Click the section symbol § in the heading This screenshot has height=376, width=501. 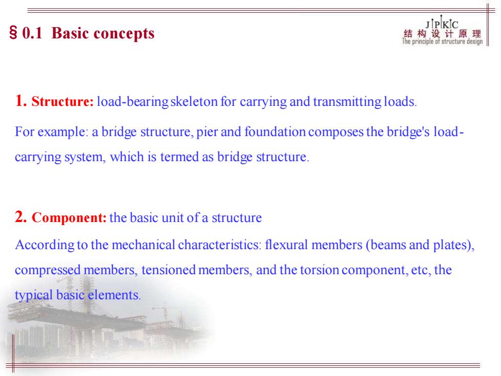pos(13,33)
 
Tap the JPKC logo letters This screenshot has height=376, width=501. pos(442,24)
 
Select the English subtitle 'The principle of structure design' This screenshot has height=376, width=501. pos(442,41)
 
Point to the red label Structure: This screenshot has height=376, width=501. pos(62,101)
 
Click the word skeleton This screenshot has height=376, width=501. pos(194,102)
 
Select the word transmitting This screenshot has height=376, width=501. pos(347,102)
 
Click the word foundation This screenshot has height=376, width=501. pos(275,132)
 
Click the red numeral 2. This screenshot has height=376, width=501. pos(21,217)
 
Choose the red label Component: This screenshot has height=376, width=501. pos(69,218)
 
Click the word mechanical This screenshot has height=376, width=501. pos(143,245)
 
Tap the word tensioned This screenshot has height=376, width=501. pos(168,270)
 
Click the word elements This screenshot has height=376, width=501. pos(115,295)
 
